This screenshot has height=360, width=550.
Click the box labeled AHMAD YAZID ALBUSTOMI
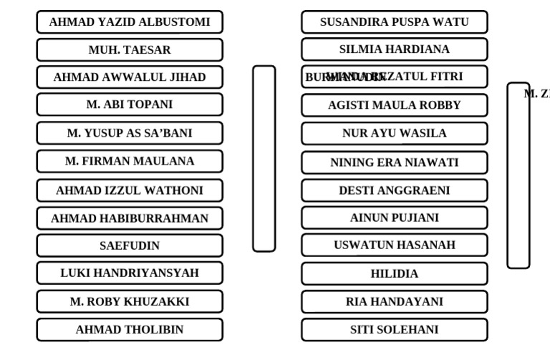pos(130,22)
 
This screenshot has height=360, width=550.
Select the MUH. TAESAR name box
pos(130,50)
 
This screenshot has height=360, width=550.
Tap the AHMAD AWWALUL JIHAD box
pos(130,77)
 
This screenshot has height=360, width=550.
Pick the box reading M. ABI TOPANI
pos(130,104)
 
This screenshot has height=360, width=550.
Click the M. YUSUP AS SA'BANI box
pos(130,133)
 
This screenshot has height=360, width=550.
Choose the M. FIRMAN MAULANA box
pos(130,162)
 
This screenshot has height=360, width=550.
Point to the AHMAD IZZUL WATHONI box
pos(130,191)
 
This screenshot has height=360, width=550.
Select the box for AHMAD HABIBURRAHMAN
pos(130,218)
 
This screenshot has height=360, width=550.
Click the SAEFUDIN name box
pos(130,245)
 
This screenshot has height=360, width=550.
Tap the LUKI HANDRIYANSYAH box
pos(130,273)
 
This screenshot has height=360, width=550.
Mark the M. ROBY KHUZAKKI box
pos(130,302)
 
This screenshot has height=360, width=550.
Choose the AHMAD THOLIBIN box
pos(130,330)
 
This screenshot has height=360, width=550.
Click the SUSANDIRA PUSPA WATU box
pos(395,22)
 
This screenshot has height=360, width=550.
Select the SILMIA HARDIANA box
pos(395,49)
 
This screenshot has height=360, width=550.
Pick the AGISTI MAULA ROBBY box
pos(395,105)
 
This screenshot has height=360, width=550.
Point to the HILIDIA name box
pos(395,274)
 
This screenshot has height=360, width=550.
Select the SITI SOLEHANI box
pos(395,330)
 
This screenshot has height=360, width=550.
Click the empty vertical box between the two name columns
pos(264,159)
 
